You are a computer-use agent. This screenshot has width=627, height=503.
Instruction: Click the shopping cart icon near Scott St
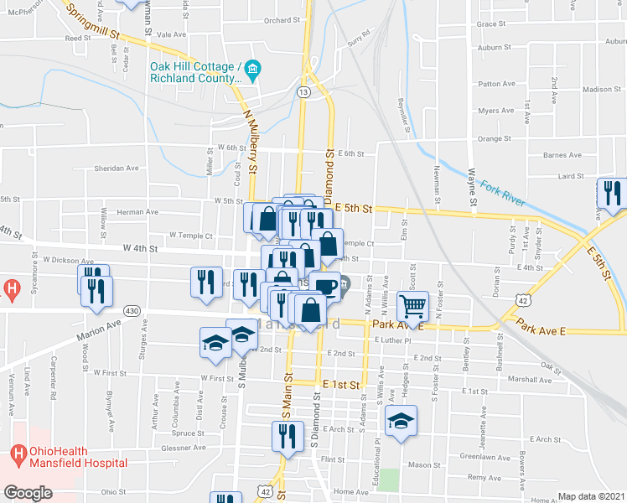tap(412, 305)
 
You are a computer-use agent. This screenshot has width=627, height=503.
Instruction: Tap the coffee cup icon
tap(324, 287)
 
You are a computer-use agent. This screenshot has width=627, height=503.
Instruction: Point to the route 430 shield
tap(132, 310)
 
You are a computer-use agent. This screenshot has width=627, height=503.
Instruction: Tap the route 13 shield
tap(303, 91)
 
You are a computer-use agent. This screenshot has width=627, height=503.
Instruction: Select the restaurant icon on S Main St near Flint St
tap(286, 436)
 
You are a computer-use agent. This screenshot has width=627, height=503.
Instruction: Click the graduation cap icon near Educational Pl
tap(402, 421)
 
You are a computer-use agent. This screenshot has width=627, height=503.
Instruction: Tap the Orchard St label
tap(281, 21)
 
